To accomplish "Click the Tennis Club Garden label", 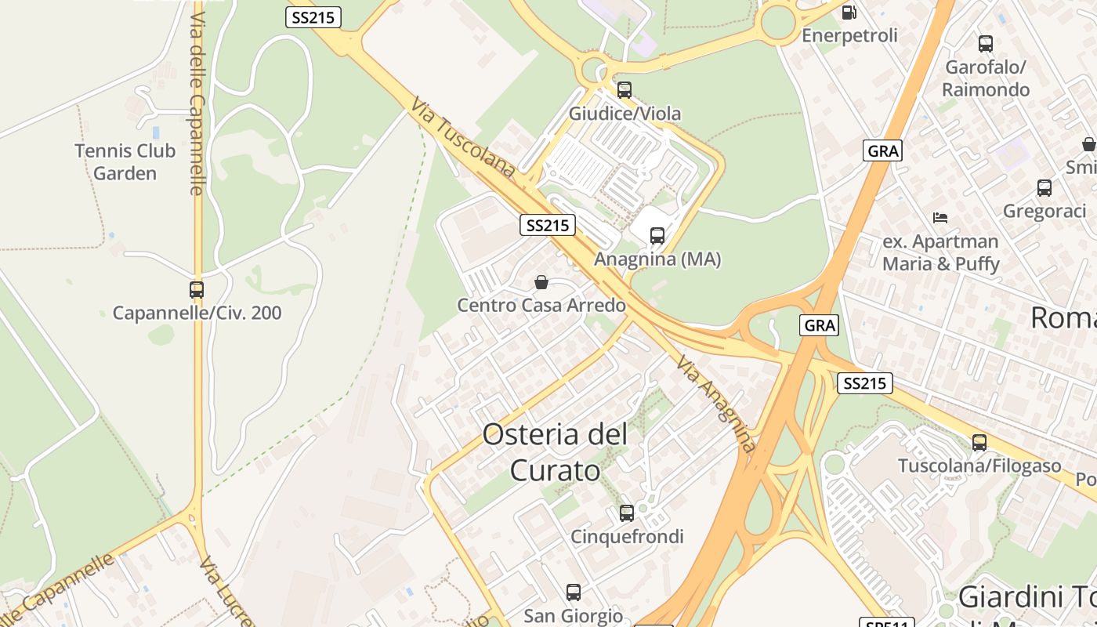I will (x=125, y=161).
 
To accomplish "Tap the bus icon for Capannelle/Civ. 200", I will (x=197, y=290).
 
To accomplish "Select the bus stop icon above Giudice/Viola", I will (x=625, y=90).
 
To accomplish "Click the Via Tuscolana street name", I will (x=463, y=137).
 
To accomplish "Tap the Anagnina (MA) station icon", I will (x=657, y=235).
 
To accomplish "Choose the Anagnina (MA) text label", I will (x=657, y=259).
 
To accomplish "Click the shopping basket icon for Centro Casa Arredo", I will (x=541, y=282).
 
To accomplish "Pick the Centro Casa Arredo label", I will (x=541, y=305).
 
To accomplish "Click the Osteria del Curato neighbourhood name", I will (x=556, y=452).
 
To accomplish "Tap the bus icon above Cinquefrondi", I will (x=627, y=513).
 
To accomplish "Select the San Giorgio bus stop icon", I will (x=574, y=593).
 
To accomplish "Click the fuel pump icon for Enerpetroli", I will (x=849, y=13).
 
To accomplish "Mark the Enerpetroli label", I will (x=849, y=35).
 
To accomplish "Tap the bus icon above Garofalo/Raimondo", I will (x=986, y=44).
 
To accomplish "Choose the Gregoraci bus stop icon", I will (x=1045, y=188).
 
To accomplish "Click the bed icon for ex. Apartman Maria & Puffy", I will (x=940, y=217).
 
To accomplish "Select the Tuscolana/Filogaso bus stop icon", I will (x=979, y=443).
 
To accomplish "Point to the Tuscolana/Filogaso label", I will (x=979, y=466).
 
